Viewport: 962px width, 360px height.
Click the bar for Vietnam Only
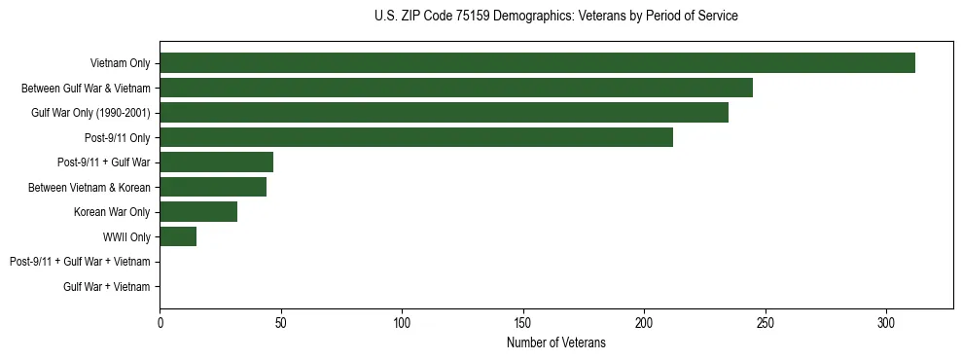tap(537, 63)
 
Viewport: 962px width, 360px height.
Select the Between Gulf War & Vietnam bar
tap(456, 88)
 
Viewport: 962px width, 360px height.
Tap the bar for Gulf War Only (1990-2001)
tap(444, 113)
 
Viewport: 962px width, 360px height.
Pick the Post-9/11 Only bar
tap(416, 137)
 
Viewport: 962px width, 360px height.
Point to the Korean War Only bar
tap(198, 212)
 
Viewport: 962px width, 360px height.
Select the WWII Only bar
tap(178, 236)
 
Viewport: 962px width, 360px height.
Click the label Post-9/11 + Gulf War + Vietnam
tap(80, 262)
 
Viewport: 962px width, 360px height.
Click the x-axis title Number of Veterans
tap(555, 343)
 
